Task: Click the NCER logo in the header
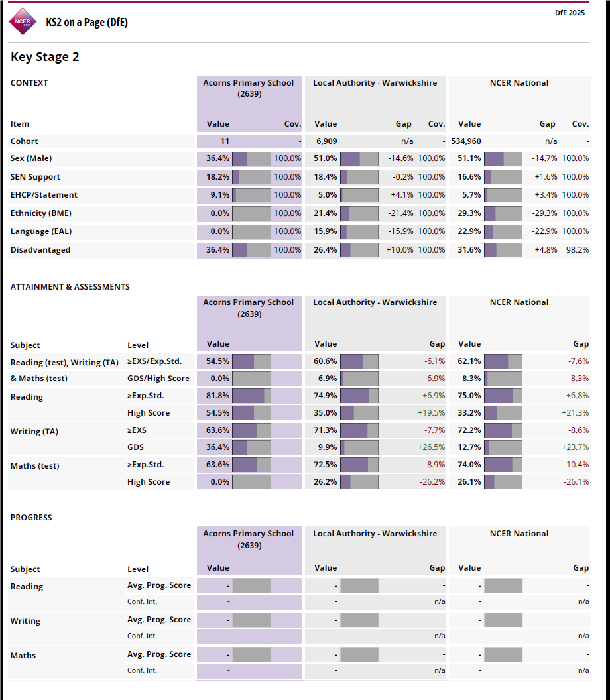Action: tap(23, 21)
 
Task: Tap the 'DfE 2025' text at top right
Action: tap(570, 13)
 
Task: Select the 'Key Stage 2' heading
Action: tap(45, 57)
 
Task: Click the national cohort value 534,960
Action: tap(466, 141)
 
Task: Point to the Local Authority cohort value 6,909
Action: tap(327, 141)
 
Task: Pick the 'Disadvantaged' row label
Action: tap(40, 250)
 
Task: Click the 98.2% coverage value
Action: tap(575, 250)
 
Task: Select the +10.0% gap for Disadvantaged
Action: tap(400, 250)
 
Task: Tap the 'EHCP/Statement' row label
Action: tap(44, 195)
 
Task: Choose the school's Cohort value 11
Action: tap(225, 141)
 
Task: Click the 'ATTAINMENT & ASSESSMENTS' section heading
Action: tap(70, 287)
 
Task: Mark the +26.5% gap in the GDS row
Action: tap(431, 447)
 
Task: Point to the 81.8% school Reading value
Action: tap(217, 396)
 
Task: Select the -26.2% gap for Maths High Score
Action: tap(432, 482)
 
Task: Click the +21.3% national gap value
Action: tap(575, 413)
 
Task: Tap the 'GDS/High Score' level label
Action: tap(158, 379)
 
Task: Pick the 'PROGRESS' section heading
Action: tap(31, 518)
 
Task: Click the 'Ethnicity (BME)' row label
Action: tap(41, 213)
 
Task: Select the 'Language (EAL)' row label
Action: tap(41, 231)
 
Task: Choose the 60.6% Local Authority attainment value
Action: tap(326, 361)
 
